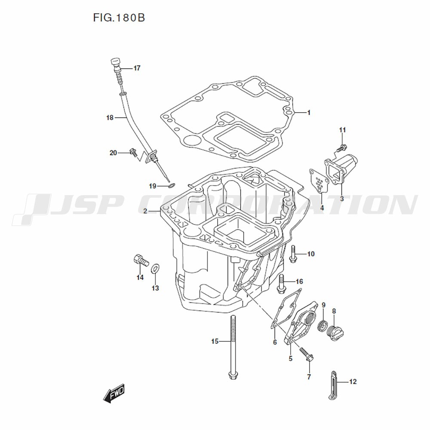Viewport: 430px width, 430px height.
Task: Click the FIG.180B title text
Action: tap(119, 18)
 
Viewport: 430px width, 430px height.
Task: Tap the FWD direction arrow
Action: tap(114, 393)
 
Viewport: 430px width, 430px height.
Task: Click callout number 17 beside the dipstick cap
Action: tap(137, 68)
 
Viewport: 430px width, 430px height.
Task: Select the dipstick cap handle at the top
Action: tap(115, 61)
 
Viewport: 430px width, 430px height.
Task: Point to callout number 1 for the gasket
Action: tap(308, 112)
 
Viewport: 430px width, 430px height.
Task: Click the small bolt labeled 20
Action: tap(134, 152)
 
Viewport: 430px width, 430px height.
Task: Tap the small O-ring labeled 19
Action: tap(172, 186)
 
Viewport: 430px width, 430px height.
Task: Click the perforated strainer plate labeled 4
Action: tap(319, 181)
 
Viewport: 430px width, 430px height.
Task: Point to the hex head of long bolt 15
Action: tap(233, 375)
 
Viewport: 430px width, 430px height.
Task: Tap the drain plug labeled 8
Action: tap(336, 333)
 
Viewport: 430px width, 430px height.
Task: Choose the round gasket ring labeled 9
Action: tap(323, 326)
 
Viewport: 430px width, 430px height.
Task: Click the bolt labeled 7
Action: tap(307, 354)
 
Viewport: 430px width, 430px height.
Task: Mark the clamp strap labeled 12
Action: tap(333, 385)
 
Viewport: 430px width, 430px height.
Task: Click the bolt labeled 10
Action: tap(292, 254)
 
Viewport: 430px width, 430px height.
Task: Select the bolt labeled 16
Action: tap(281, 283)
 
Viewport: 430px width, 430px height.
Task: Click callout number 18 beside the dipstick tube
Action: tap(110, 118)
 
